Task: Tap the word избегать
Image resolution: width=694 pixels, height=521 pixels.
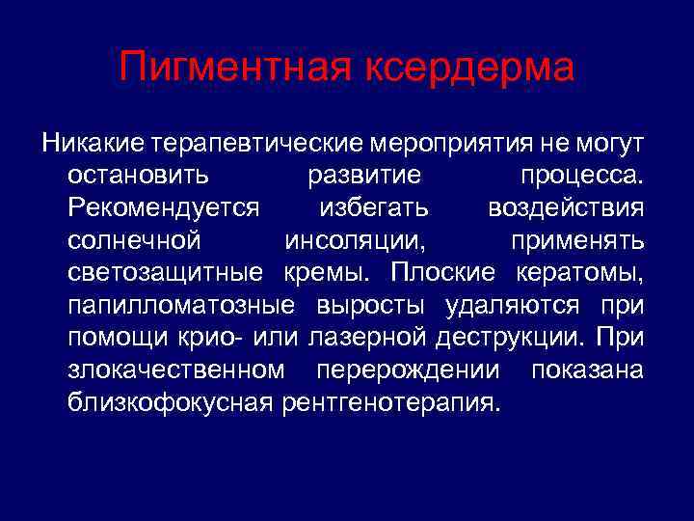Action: pos(375,208)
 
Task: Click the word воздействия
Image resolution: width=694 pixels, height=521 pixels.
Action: pos(566,208)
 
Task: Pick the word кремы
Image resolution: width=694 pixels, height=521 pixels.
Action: pos(331,272)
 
